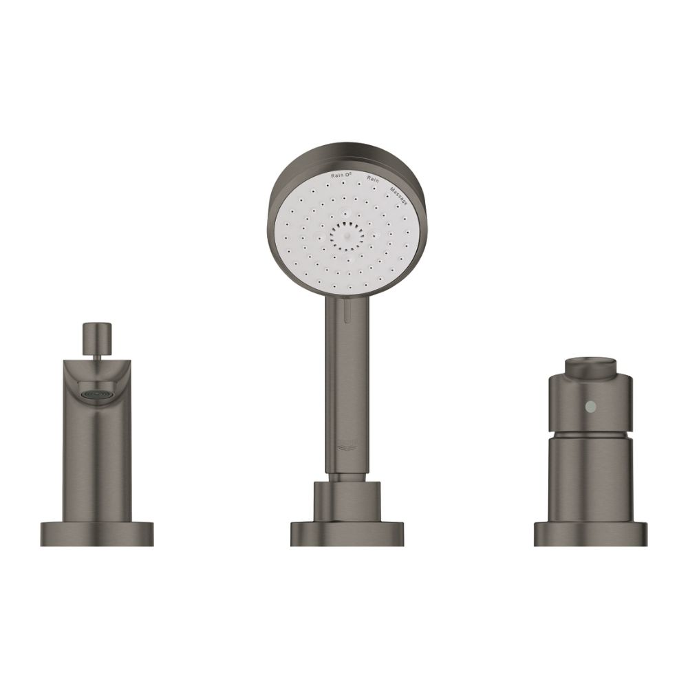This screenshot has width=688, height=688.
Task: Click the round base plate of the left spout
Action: (x=96, y=534)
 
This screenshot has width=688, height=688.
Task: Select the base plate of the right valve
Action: (x=590, y=534)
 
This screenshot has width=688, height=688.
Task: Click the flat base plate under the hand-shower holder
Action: (x=347, y=534)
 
